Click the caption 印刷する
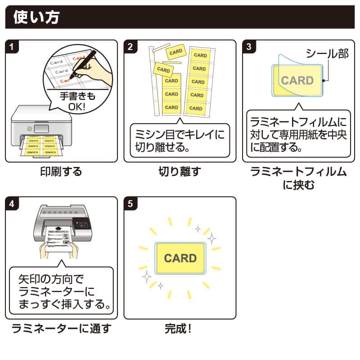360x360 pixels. (61, 171)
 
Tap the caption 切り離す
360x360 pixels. (180, 171)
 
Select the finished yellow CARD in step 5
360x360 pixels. (180, 258)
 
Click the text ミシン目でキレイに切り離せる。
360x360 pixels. (180, 141)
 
